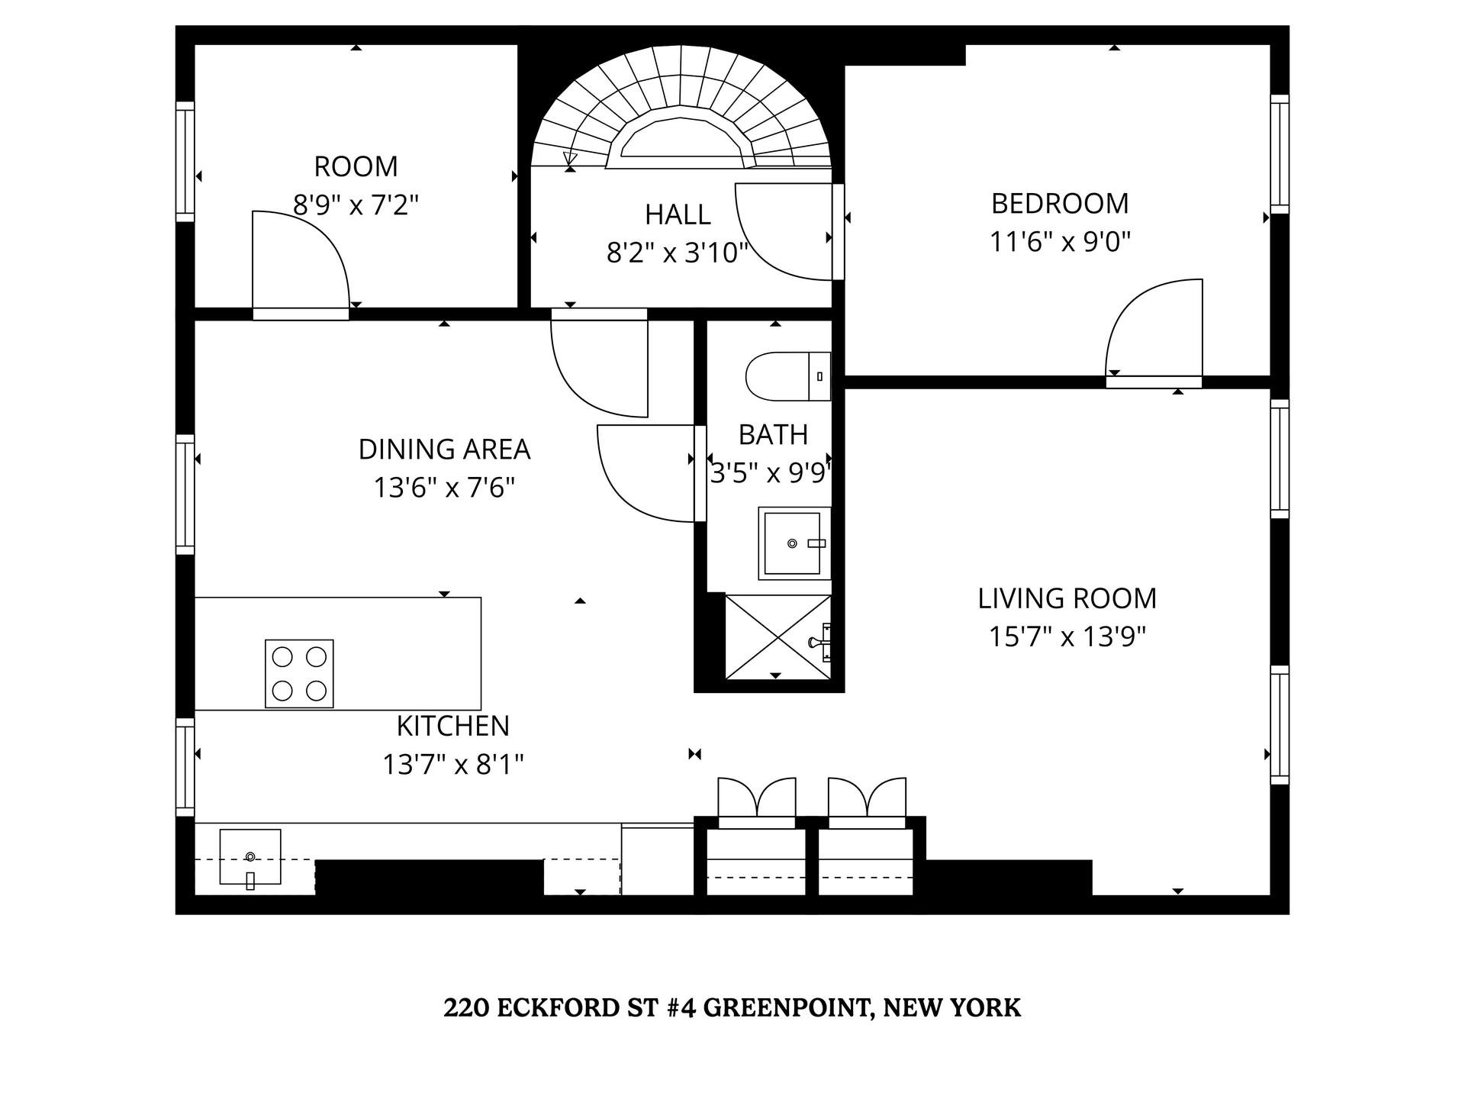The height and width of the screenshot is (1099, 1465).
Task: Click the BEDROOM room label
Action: tap(1060, 204)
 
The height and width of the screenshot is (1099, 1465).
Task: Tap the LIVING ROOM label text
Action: tap(1067, 598)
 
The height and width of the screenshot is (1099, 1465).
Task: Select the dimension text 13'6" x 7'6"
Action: tap(444, 487)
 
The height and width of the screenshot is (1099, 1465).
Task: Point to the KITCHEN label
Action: tap(452, 726)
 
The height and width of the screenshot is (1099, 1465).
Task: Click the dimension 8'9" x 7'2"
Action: tap(356, 205)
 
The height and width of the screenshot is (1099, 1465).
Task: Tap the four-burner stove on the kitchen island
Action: tap(299, 673)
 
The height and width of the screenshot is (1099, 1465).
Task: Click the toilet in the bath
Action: tap(786, 376)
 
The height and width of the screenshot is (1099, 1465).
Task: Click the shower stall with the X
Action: tap(777, 637)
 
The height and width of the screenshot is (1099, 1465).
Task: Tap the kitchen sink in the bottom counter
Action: tap(250, 857)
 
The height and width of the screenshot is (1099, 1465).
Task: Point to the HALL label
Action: tap(678, 215)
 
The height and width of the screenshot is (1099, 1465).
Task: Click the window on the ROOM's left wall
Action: tap(185, 161)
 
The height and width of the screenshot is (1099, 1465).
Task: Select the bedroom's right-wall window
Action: tap(1280, 154)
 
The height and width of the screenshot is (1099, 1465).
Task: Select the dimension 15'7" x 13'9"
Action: tap(1067, 637)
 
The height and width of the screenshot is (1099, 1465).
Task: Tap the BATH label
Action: tap(773, 435)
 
